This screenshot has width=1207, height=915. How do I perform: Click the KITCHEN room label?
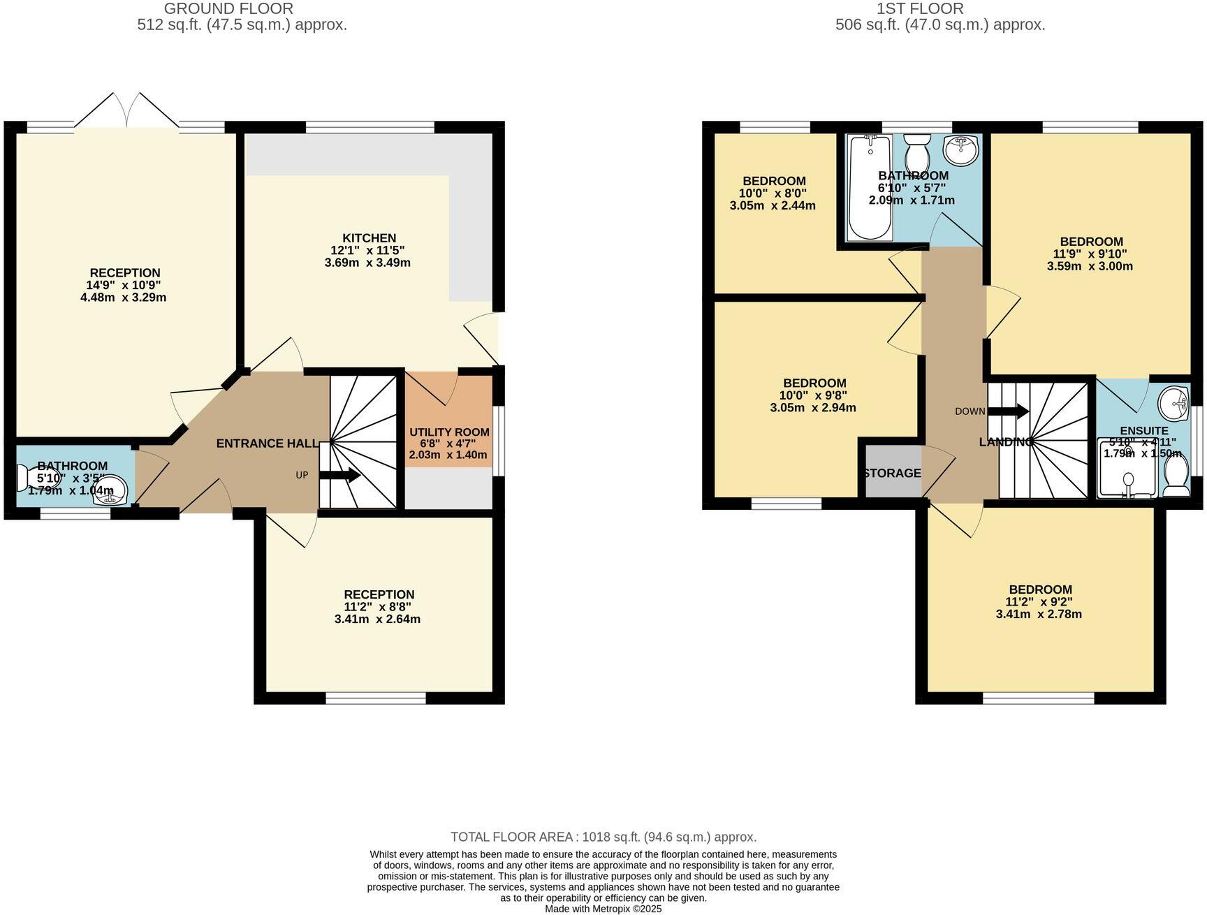(369, 238)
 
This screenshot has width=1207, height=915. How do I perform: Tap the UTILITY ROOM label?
(449, 432)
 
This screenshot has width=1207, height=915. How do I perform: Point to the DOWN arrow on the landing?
(1008, 411)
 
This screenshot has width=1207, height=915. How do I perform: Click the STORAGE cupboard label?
(892, 474)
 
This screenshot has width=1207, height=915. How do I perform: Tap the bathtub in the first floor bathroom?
(870, 187)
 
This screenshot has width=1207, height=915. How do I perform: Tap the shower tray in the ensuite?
(1125, 469)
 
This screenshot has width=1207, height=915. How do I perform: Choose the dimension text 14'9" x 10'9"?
(125, 285)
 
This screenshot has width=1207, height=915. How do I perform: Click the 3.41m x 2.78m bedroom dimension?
(1039, 615)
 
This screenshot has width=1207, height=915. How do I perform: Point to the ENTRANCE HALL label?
(267, 444)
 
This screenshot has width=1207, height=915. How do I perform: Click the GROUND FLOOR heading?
(228, 9)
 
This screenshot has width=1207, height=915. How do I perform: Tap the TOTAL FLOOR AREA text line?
(603, 837)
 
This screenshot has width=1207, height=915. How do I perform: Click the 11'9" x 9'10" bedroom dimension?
(1090, 254)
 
